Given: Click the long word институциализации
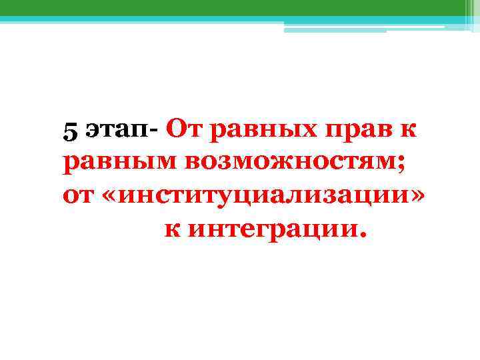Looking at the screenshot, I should (x=269, y=196).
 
